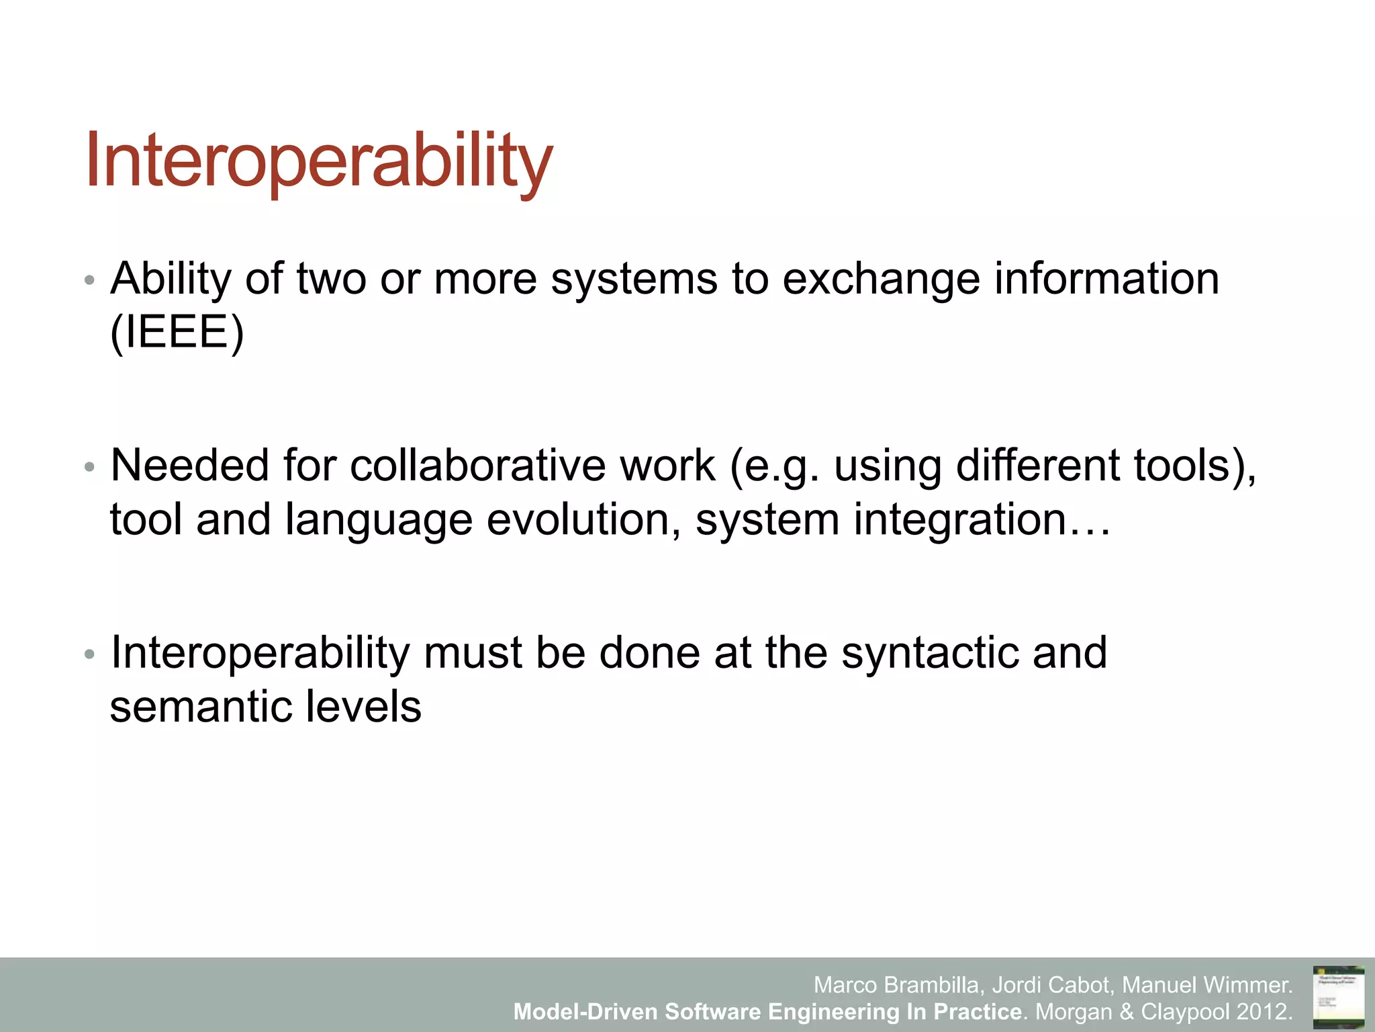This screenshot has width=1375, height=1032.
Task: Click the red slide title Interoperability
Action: (319, 161)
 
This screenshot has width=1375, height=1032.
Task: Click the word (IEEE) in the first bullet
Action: (177, 332)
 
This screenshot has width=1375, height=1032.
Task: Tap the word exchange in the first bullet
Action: (881, 279)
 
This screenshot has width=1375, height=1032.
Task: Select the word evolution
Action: (583, 519)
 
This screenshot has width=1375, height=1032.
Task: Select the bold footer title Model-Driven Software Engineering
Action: (705, 1011)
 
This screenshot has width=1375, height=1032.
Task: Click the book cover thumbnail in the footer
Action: (1338, 996)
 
